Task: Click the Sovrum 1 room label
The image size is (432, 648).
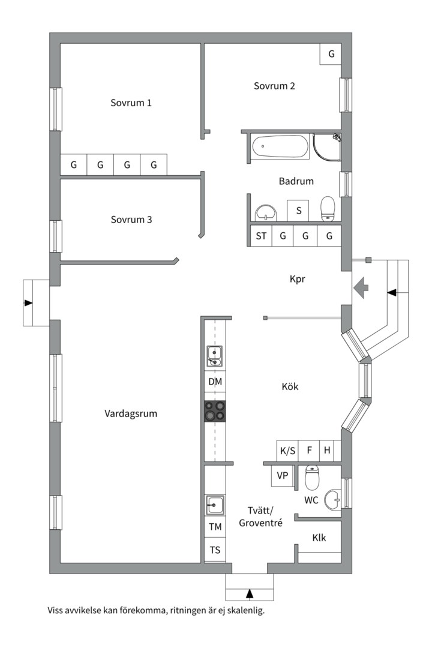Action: (131, 103)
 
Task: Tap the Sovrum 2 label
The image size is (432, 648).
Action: (274, 86)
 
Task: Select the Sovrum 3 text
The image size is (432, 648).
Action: (131, 220)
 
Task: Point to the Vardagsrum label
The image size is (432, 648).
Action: (131, 413)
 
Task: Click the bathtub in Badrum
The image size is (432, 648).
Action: (280, 147)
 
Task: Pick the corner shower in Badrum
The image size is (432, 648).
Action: (327, 148)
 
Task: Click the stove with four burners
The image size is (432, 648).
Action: (215, 411)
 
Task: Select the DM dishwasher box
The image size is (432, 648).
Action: (215, 382)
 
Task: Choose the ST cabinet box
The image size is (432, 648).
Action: (261, 236)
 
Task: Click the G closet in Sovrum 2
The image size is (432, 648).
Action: (331, 54)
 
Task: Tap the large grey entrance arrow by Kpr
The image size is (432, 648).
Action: (361, 287)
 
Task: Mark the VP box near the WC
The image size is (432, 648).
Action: (283, 476)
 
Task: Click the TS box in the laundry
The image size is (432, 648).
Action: (215, 550)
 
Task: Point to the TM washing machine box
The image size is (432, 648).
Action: (215, 527)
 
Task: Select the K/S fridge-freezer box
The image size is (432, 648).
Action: (288, 451)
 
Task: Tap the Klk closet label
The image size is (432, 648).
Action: (319, 538)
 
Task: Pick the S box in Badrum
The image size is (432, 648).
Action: (299, 211)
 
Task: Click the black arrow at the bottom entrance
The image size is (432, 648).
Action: (249, 593)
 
